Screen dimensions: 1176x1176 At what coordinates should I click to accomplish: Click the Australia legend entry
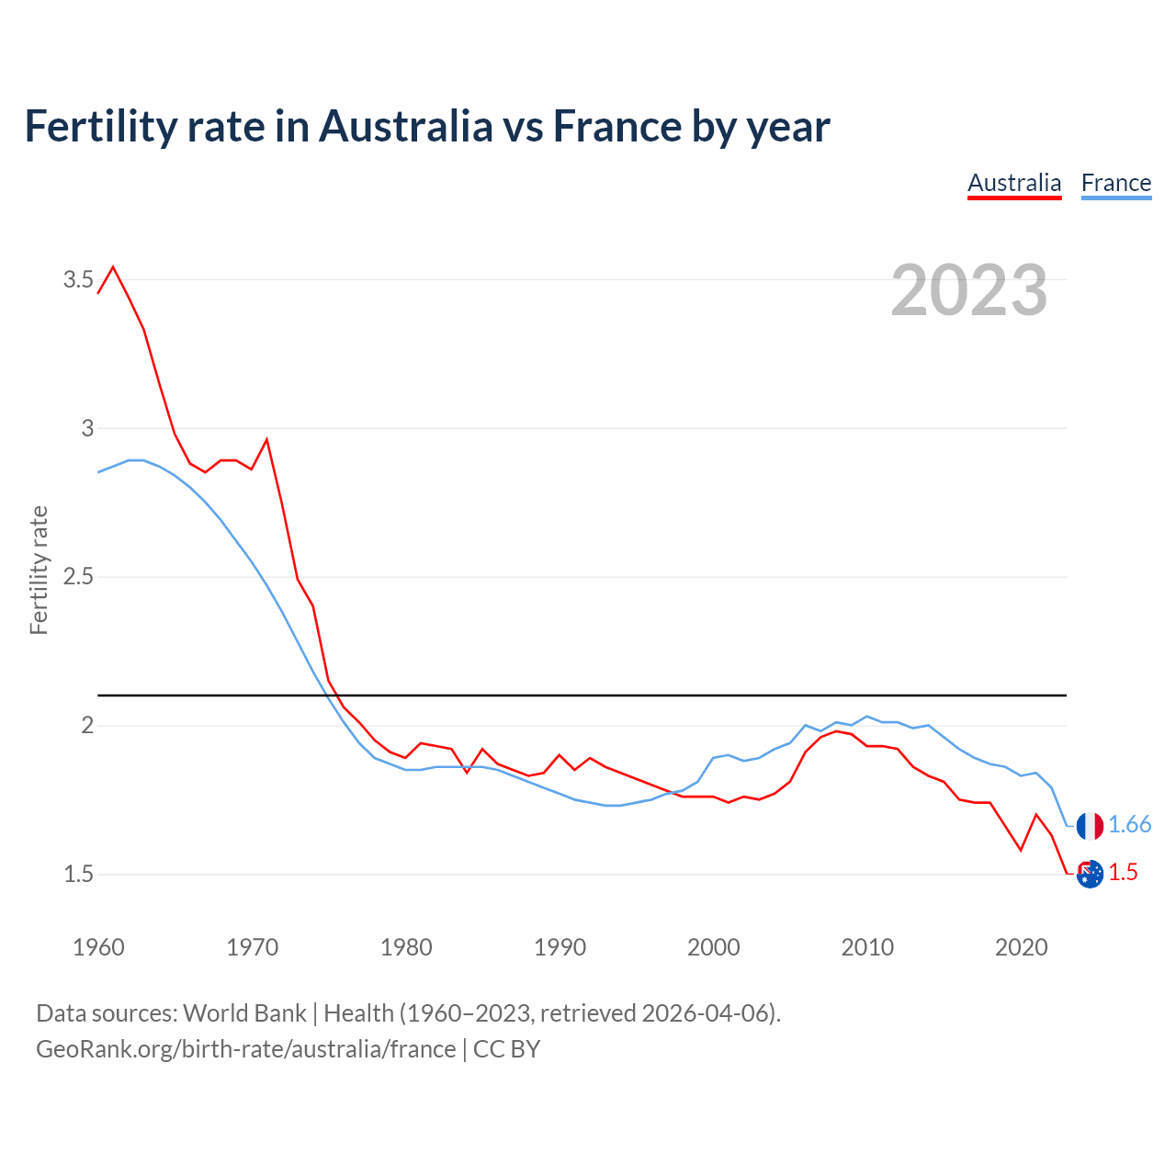[x=1014, y=183]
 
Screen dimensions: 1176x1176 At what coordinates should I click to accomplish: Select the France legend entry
[x=1115, y=183]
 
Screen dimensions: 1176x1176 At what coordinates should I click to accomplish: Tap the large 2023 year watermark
[x=969, y=290]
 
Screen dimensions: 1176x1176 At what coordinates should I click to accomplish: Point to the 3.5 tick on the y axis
[x=78, y=279]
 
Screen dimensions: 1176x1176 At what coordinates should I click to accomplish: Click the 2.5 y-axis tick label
[x=78, y=577]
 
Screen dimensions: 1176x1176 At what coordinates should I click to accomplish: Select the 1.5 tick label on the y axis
[x=78, y=874]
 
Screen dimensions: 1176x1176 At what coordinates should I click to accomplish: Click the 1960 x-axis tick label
[x=98, y=947]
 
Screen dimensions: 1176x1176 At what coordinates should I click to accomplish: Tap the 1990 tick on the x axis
[x=560, y=947]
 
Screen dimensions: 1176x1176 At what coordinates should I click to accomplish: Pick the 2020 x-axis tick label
[x=1021, y=947]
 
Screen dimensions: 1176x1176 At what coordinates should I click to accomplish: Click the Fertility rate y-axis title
[x=39, y=570]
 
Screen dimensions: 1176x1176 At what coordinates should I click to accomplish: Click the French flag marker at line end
[x=1090, y=826]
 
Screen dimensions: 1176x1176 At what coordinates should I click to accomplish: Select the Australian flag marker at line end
[x=1090, y=874]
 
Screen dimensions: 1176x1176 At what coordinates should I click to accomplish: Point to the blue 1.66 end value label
[x=1129, y=825]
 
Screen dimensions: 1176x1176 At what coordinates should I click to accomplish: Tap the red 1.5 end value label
[x=1123, y=873]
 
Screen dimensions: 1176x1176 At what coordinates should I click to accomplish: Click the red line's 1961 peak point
[x=113, y=267]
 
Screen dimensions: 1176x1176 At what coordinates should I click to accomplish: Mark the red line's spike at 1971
[x=266, y=440]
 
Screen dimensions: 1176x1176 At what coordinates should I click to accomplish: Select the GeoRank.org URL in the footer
[x=245, y=1049]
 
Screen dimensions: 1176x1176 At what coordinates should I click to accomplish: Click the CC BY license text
[x=506, y=1049]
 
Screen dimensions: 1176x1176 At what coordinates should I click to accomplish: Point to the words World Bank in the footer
[x=244, y=1013]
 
